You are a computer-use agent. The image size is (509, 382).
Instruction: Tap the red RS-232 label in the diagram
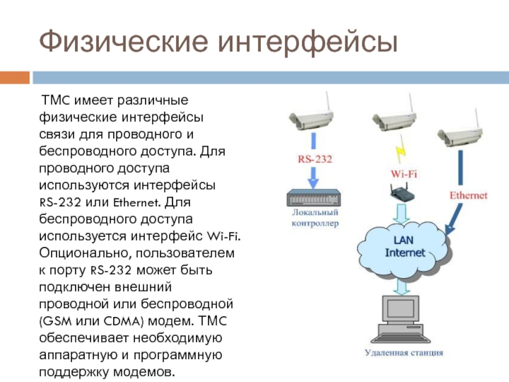[315, 159]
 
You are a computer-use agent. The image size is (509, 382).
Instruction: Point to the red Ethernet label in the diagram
[468, 195]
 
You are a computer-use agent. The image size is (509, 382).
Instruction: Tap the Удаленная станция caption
[404, 352]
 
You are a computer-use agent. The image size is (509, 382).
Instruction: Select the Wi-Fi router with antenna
[402, 192]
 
